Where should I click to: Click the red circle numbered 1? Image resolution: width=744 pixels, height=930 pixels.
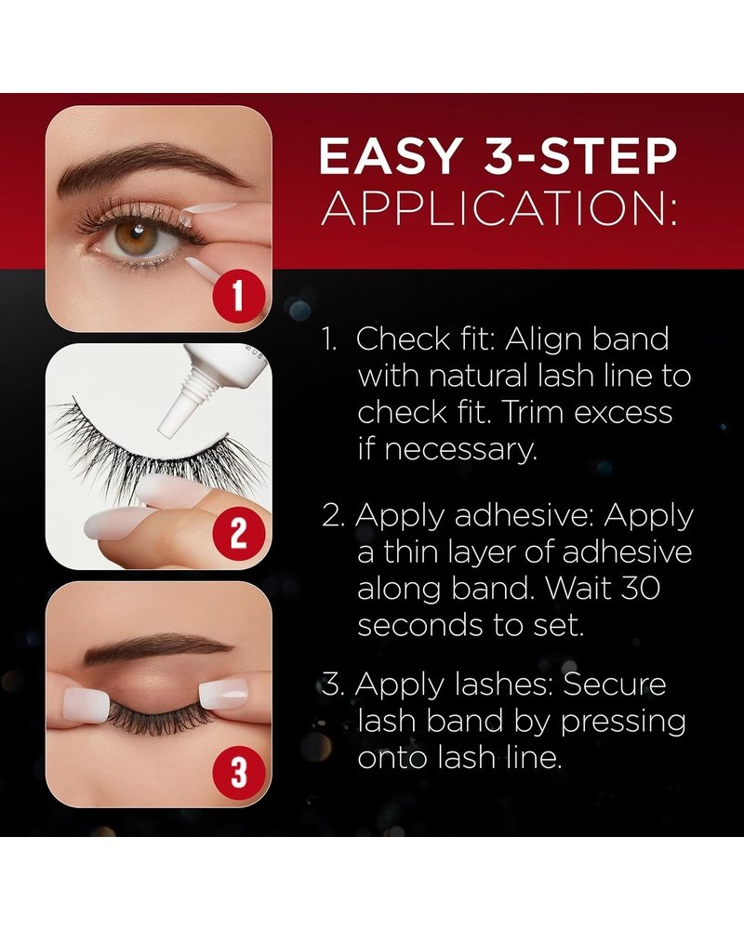click(x=237, y=296)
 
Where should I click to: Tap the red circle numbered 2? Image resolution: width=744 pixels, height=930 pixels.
click(x=237, y=534)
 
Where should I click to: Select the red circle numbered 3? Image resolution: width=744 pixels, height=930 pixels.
click(x=237, y=772)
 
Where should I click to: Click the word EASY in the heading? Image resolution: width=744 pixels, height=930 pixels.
click(x=391, y=156)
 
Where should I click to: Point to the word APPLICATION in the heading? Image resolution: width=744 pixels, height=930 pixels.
click(x=498, y=207)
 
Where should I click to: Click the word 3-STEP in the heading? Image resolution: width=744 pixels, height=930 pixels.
click(x=580, y=156)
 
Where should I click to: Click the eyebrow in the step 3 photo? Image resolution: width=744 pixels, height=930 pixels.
click(x=157, y=650)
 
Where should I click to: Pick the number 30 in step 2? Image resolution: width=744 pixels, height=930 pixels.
click(x=639, y=589)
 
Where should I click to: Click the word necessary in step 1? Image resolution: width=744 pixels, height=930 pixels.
click(x=446, y=451)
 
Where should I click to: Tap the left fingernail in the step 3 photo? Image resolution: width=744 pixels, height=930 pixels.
click(x=86, y=704)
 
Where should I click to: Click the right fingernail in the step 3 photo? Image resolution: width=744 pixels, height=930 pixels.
click(x=223, y=696)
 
